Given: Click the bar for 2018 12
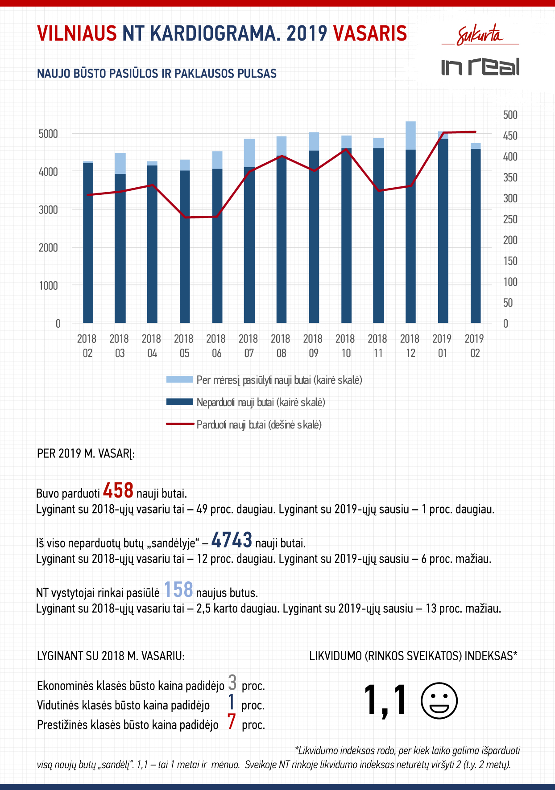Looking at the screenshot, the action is pyautogui.click(x=410, y=222).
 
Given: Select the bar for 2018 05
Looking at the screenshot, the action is pyautogui.click(x=185, y=241).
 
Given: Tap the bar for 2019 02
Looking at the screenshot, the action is pyautogui.click(x=476, y=233).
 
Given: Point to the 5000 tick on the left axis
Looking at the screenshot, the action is pyautogui.click(x=48, y=134).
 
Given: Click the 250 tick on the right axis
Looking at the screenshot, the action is pyautogui.click(x=510, y=219).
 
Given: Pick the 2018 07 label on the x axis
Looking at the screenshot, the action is pyautogui.click(x=249, y=346).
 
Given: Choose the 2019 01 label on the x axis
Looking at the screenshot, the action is pyautogui.click(x=442, y=346).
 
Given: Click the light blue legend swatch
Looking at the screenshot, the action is pyautogui.click(x=179, y=380).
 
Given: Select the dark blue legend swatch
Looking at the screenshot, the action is pyautogui.click(x=179, y=402).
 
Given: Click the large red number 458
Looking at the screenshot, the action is pyautogui.click(x=118, y=490).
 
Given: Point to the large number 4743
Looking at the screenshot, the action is pyautogui.click(x=232, y=540).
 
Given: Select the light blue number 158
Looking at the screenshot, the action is pyautogui.click(x=178, y=589).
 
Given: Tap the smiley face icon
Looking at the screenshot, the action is pyautogui.click(x=439, y=700).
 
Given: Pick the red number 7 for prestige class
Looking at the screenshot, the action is pyautogui.click(x=232, y=722).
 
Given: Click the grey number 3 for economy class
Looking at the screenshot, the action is pyautogui.click(x=232, y=683).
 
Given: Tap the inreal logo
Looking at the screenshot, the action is pyautogui.click(x=480, y=66).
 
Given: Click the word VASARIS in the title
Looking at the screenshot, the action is pyautogui.click(x=370, y=33).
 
